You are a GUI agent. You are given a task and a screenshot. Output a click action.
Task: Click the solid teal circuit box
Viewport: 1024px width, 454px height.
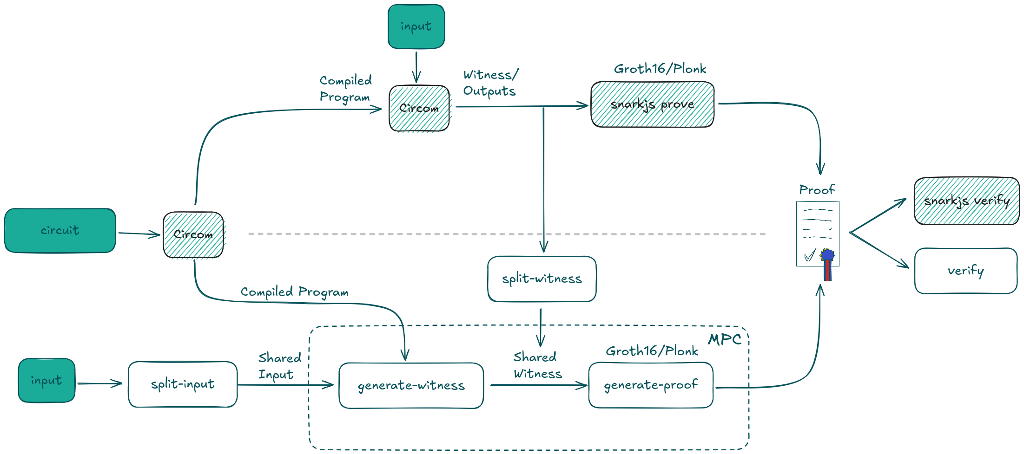[x=60, y=230]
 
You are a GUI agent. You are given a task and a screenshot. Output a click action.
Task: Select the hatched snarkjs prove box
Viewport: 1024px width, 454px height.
[x=652, y=104]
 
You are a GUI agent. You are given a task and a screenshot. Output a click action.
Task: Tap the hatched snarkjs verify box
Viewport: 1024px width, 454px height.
[x=966, y=201]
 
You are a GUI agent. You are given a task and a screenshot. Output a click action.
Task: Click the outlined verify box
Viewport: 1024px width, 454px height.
[x=965, y=271]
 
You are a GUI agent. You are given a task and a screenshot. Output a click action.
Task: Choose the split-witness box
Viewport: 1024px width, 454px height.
[x=542, y=279]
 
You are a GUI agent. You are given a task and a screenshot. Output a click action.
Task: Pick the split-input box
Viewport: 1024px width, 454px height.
[x=183, y=384]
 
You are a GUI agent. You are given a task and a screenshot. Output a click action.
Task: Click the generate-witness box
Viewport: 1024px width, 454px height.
[x=411, y=385]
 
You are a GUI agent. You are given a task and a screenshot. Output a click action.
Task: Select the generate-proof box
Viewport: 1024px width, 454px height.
[x=651, y=385]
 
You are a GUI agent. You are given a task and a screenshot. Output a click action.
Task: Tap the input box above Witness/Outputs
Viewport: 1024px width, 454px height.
[x=416, y=26]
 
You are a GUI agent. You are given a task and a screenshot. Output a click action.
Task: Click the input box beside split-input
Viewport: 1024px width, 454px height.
[x=46, y=380]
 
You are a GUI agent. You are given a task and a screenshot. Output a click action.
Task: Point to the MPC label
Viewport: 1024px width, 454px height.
[x=724, y=340]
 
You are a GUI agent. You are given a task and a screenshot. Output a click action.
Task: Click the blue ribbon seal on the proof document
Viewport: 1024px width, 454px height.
[x=827, y=255]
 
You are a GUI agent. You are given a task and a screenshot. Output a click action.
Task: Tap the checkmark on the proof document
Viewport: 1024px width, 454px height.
[x=810, y=255]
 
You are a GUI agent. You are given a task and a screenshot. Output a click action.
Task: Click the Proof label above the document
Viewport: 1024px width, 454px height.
[x=817, y=190]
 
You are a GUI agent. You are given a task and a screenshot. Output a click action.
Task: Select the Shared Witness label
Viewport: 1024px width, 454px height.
[x=537, y=365]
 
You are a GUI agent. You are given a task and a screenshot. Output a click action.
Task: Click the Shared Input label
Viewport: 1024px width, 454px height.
[x=279, y=366]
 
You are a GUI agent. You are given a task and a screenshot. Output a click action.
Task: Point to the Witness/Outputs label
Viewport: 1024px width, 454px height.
[x=490, y=83]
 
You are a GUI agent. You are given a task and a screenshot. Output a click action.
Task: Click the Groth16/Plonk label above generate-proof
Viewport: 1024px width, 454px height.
[x=652, y=351]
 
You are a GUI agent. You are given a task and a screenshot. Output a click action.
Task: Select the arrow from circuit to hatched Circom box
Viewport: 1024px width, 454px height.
[x=139, y=233]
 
